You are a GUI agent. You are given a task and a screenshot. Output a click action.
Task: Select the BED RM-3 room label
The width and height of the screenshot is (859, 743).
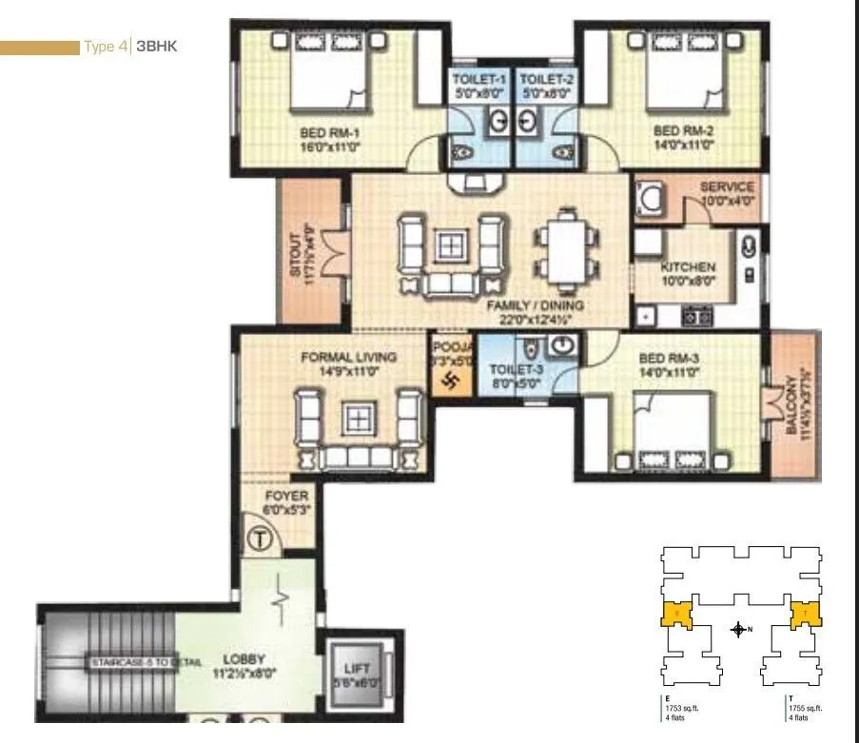point(669,358)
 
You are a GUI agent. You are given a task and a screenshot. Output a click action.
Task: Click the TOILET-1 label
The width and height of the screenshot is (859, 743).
point(479,80)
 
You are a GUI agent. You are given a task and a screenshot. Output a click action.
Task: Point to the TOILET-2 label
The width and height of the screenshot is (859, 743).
point(546,80)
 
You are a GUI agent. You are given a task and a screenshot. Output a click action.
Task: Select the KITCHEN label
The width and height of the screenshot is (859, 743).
point(688,267)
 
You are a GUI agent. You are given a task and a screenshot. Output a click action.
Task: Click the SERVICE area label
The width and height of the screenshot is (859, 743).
point(727,187)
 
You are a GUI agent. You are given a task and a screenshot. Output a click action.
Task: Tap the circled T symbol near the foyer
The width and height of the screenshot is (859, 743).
point(260,538)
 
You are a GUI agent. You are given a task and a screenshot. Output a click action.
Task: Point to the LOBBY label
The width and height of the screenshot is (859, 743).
point(244,658)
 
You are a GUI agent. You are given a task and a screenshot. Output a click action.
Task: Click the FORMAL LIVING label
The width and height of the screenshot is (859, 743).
point(348,357)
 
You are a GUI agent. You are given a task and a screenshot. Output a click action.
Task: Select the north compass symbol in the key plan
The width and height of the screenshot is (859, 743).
point(738,629)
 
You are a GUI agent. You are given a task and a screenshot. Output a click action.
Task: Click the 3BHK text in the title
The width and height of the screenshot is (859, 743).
point(157,46)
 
